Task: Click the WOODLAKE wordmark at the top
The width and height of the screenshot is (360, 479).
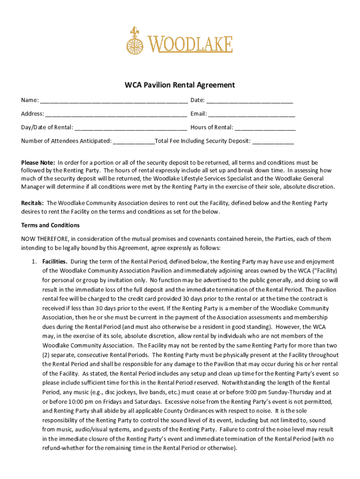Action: click(191, 44)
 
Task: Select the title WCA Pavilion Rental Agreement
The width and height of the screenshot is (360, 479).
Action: click(180, 85)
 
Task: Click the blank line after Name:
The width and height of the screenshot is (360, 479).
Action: click(114, 101)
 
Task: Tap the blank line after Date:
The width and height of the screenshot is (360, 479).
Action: click(250, 101)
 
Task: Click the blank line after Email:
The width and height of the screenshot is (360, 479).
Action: click(252, 114)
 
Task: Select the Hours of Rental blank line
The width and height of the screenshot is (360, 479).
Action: click(265, 128)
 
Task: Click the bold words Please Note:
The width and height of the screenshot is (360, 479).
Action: click(38, 163)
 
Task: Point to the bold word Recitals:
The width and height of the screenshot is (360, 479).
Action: click(32, 203)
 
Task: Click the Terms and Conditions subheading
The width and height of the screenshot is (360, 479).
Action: click(50, 225)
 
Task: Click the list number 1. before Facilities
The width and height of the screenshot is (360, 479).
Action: click(34, 261)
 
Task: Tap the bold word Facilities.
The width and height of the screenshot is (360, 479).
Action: click(55, 261)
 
